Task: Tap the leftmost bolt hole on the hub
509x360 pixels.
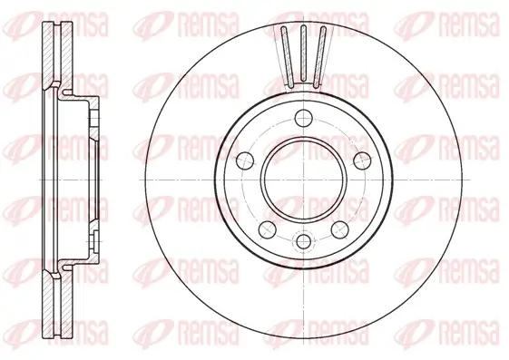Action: click(243, 161)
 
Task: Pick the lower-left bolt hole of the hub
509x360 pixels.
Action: click(266, 227)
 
